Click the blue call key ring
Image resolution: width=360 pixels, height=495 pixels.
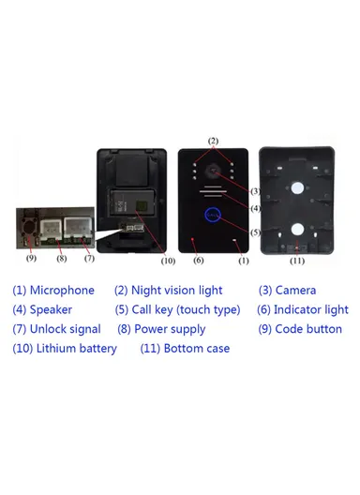[213, 217]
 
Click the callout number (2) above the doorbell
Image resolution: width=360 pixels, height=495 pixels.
[213, 142]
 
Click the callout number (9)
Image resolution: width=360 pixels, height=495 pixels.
[31, 258]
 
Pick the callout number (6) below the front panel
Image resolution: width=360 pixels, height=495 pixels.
[198, 260]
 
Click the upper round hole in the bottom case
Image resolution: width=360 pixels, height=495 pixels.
[297, 187]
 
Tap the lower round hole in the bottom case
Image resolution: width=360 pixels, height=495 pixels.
[297, 229]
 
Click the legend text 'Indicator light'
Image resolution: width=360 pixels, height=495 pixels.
[310, 309]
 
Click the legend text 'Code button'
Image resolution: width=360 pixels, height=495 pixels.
[308, 329]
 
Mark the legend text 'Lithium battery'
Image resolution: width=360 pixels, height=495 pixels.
[77, 349]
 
